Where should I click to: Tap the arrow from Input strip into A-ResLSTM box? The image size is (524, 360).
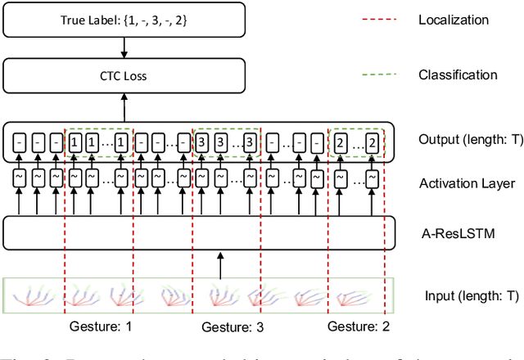[219, 263]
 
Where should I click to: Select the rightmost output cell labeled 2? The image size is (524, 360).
[373, 144]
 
